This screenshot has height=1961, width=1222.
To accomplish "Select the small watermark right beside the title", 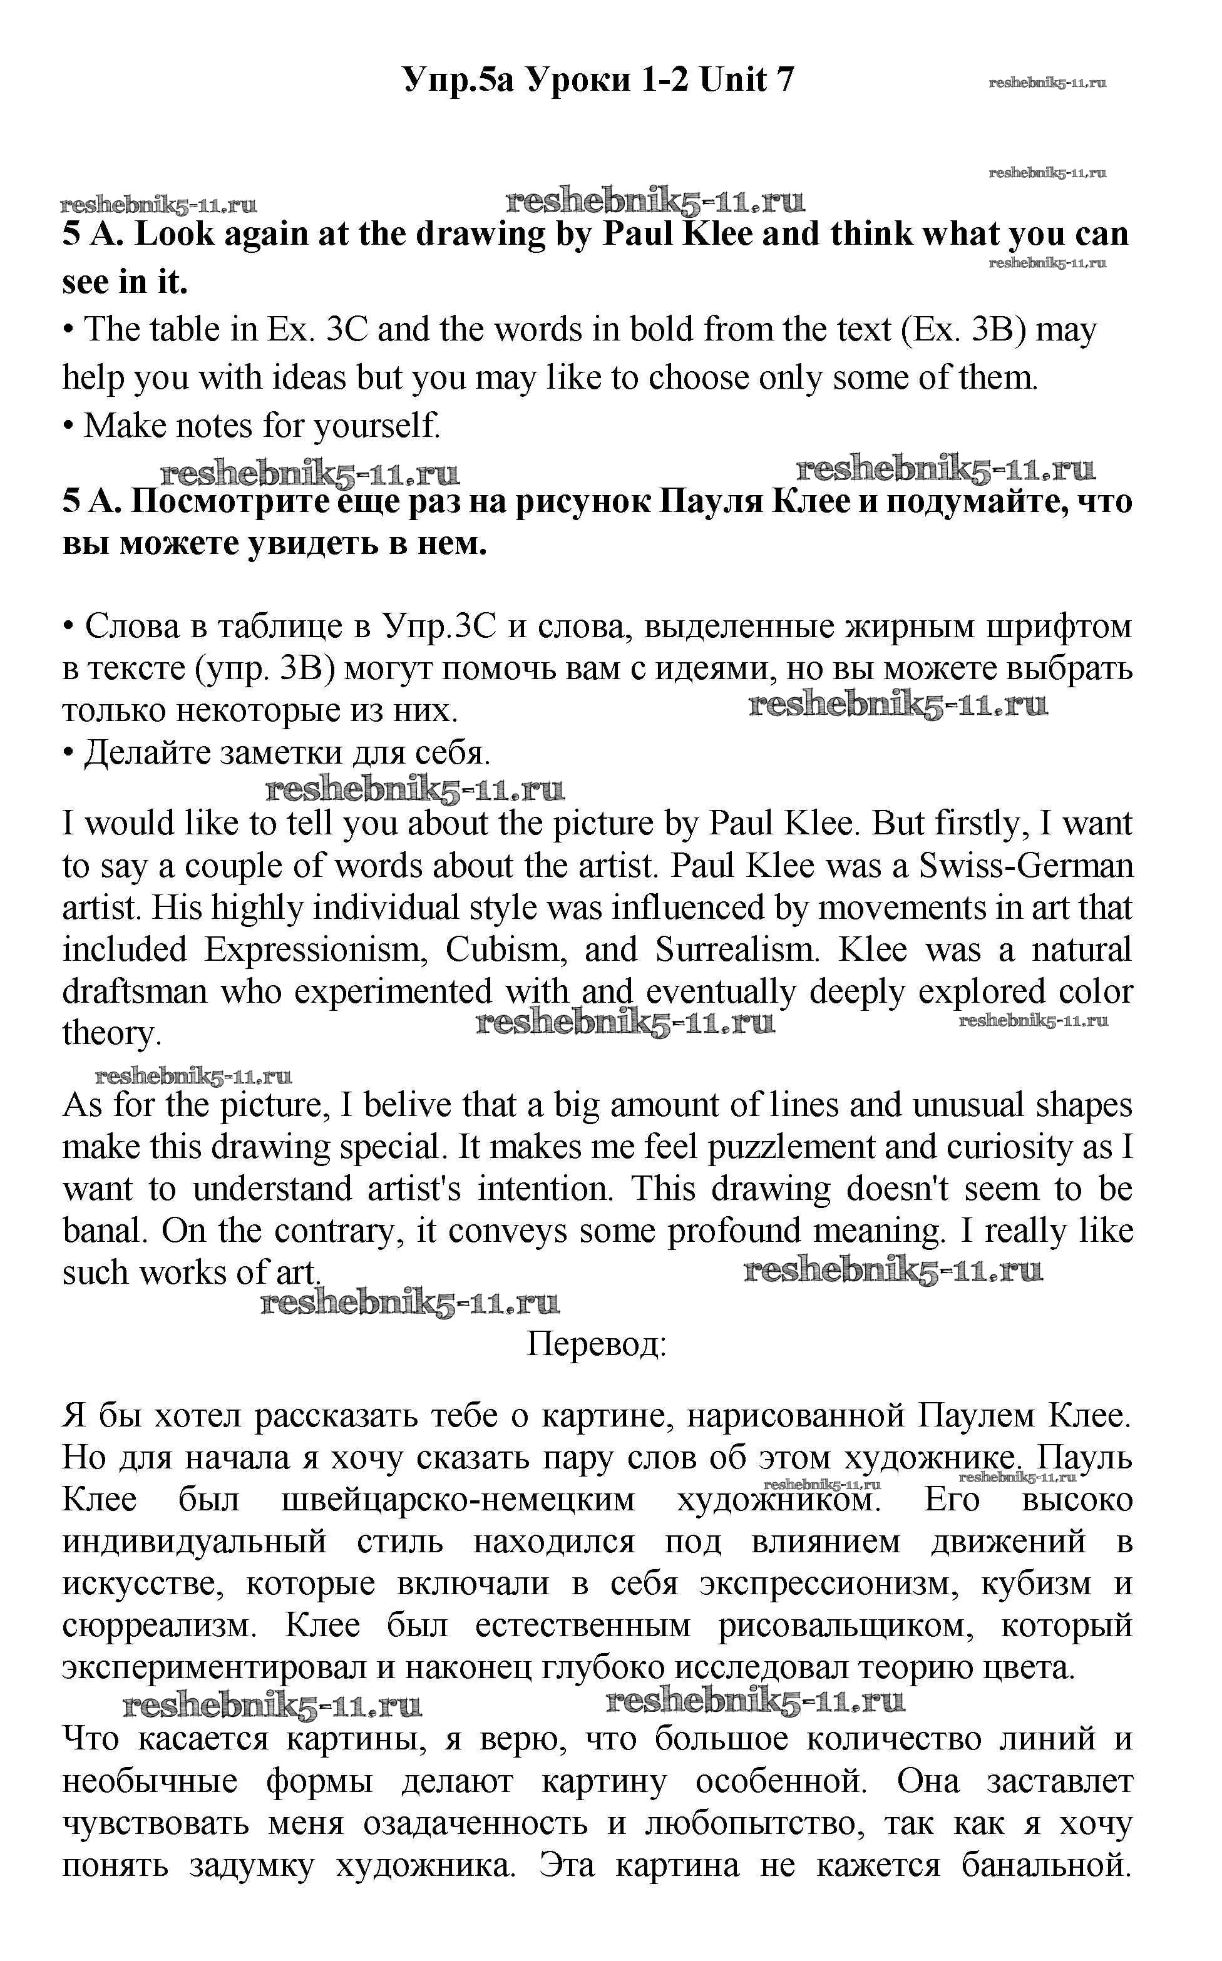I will pyautogui.click(x=1047, y=83).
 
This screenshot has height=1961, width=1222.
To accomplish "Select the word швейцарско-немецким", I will pyautogui.click(x=458, y=1500).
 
